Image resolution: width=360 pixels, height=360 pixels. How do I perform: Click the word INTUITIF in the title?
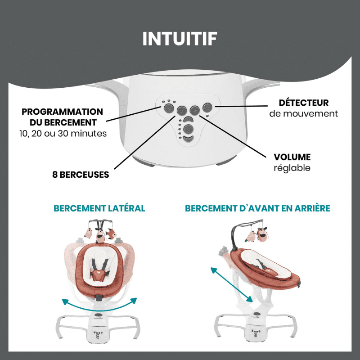pos(180,39)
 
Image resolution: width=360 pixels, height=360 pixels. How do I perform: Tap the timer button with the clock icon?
pos(168,108)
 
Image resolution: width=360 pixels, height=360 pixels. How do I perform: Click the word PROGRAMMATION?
pos(62,112)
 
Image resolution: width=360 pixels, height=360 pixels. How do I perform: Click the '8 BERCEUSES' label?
pos(81,175)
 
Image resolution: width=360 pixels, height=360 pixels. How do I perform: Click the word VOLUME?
pos(292,157)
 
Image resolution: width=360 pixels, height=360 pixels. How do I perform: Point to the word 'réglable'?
pos(292,168)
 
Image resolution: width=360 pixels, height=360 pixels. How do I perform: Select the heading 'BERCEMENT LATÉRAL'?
pos(99,208)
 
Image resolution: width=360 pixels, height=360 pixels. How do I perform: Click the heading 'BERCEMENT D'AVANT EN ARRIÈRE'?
pos(258,208)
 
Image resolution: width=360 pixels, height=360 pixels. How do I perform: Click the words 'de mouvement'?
pos(303,114)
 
